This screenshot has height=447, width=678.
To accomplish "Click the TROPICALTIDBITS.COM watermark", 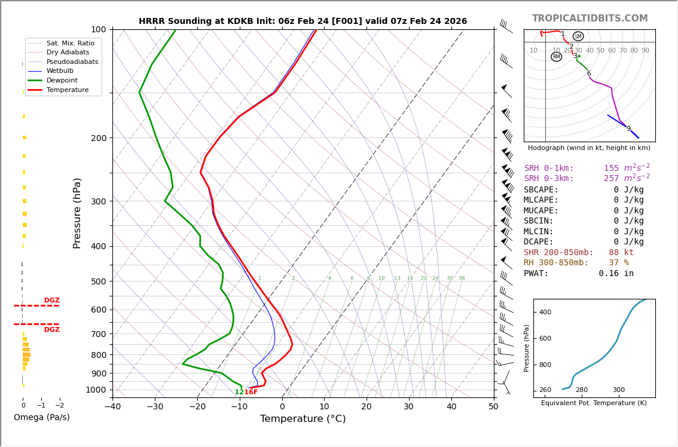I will [x=590, y=19].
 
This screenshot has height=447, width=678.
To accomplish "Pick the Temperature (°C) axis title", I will [x=303, y=419].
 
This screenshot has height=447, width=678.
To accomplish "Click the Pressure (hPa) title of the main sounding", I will [x=77, y=213].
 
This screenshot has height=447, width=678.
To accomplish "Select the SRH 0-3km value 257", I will [x=613, y=179].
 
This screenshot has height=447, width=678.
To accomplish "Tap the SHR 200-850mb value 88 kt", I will [x=621, y=253].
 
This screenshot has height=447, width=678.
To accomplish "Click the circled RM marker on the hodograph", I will [x=556, y=57].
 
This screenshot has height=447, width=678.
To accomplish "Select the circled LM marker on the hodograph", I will [x=578, y=36].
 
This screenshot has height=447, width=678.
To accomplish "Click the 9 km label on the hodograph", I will [x=628, y=129].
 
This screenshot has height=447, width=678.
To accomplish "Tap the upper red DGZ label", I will [x=51, y=301].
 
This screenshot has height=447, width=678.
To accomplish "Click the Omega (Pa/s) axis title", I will [x=41, y=417].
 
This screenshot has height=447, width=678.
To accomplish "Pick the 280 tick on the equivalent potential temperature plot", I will [x=582, y=390].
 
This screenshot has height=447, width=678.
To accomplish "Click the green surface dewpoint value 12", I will [x=239, y=392].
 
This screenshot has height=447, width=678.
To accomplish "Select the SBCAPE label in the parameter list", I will [x=541, y=189].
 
